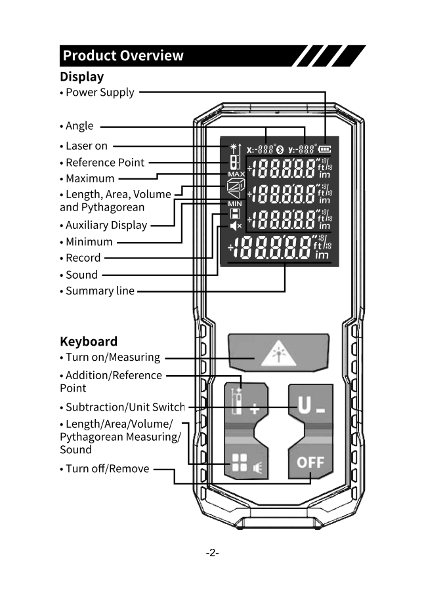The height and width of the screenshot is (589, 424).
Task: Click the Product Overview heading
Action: click(123, 56)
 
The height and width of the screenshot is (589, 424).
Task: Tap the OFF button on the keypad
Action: click(310, 462)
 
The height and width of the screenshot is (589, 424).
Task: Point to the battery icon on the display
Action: click(325, 149)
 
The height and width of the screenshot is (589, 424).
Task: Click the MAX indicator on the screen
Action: click(236, 174)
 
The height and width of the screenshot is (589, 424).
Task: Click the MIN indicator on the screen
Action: click(235, 204)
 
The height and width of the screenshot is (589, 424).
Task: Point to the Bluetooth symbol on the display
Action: click(280, 149)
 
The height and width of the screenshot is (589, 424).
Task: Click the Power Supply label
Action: click(99, 92)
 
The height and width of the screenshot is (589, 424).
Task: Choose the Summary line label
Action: click(99, 291)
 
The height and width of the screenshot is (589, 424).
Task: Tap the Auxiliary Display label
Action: click(106, 226)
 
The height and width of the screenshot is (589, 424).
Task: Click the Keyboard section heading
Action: click(89, 341)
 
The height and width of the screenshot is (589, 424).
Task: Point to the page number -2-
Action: click(211, 553)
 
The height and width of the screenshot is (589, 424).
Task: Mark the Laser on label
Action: click(86, 146)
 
